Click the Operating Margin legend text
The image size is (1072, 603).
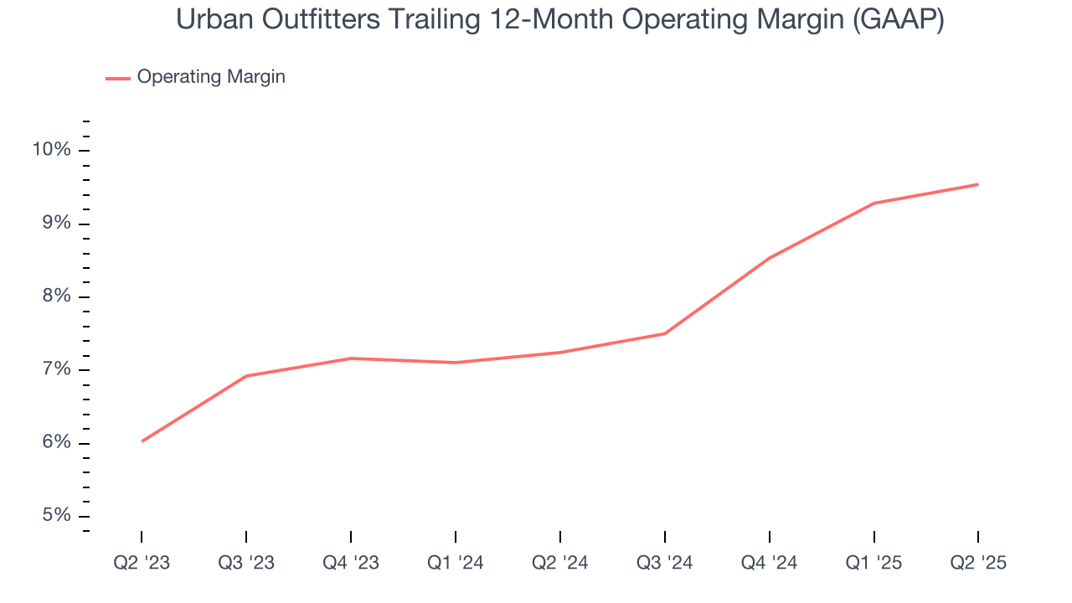pyautogui.click(x=211, y=77)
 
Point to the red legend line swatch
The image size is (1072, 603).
pyautogui.click(x=117, y=78)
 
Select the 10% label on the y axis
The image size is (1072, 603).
pyautogui.click(x=52, y=150)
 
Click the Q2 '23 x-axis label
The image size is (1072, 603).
pyautogui.click(x=142, y=563)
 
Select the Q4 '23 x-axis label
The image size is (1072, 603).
pyautogui.click(x=351, y=563)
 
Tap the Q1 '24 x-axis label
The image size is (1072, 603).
pyautogui.click(x=456, y=563)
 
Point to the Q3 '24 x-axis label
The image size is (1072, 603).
pyautogui.click(x=665, y=563)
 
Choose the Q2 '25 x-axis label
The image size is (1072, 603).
pyautogui.click(x=978, y=563)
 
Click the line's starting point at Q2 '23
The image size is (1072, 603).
pyautogui.click(x=142, y=441)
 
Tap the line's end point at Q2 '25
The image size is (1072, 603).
pyautogui.click(x=978, y=184)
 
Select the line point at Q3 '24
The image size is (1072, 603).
pyautogui.click(x=665, y=333)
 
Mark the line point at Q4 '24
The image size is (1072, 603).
pyautogui.click(x=770, y=258)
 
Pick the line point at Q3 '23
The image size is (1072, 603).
pyautogui.click(x=246, y=376)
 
